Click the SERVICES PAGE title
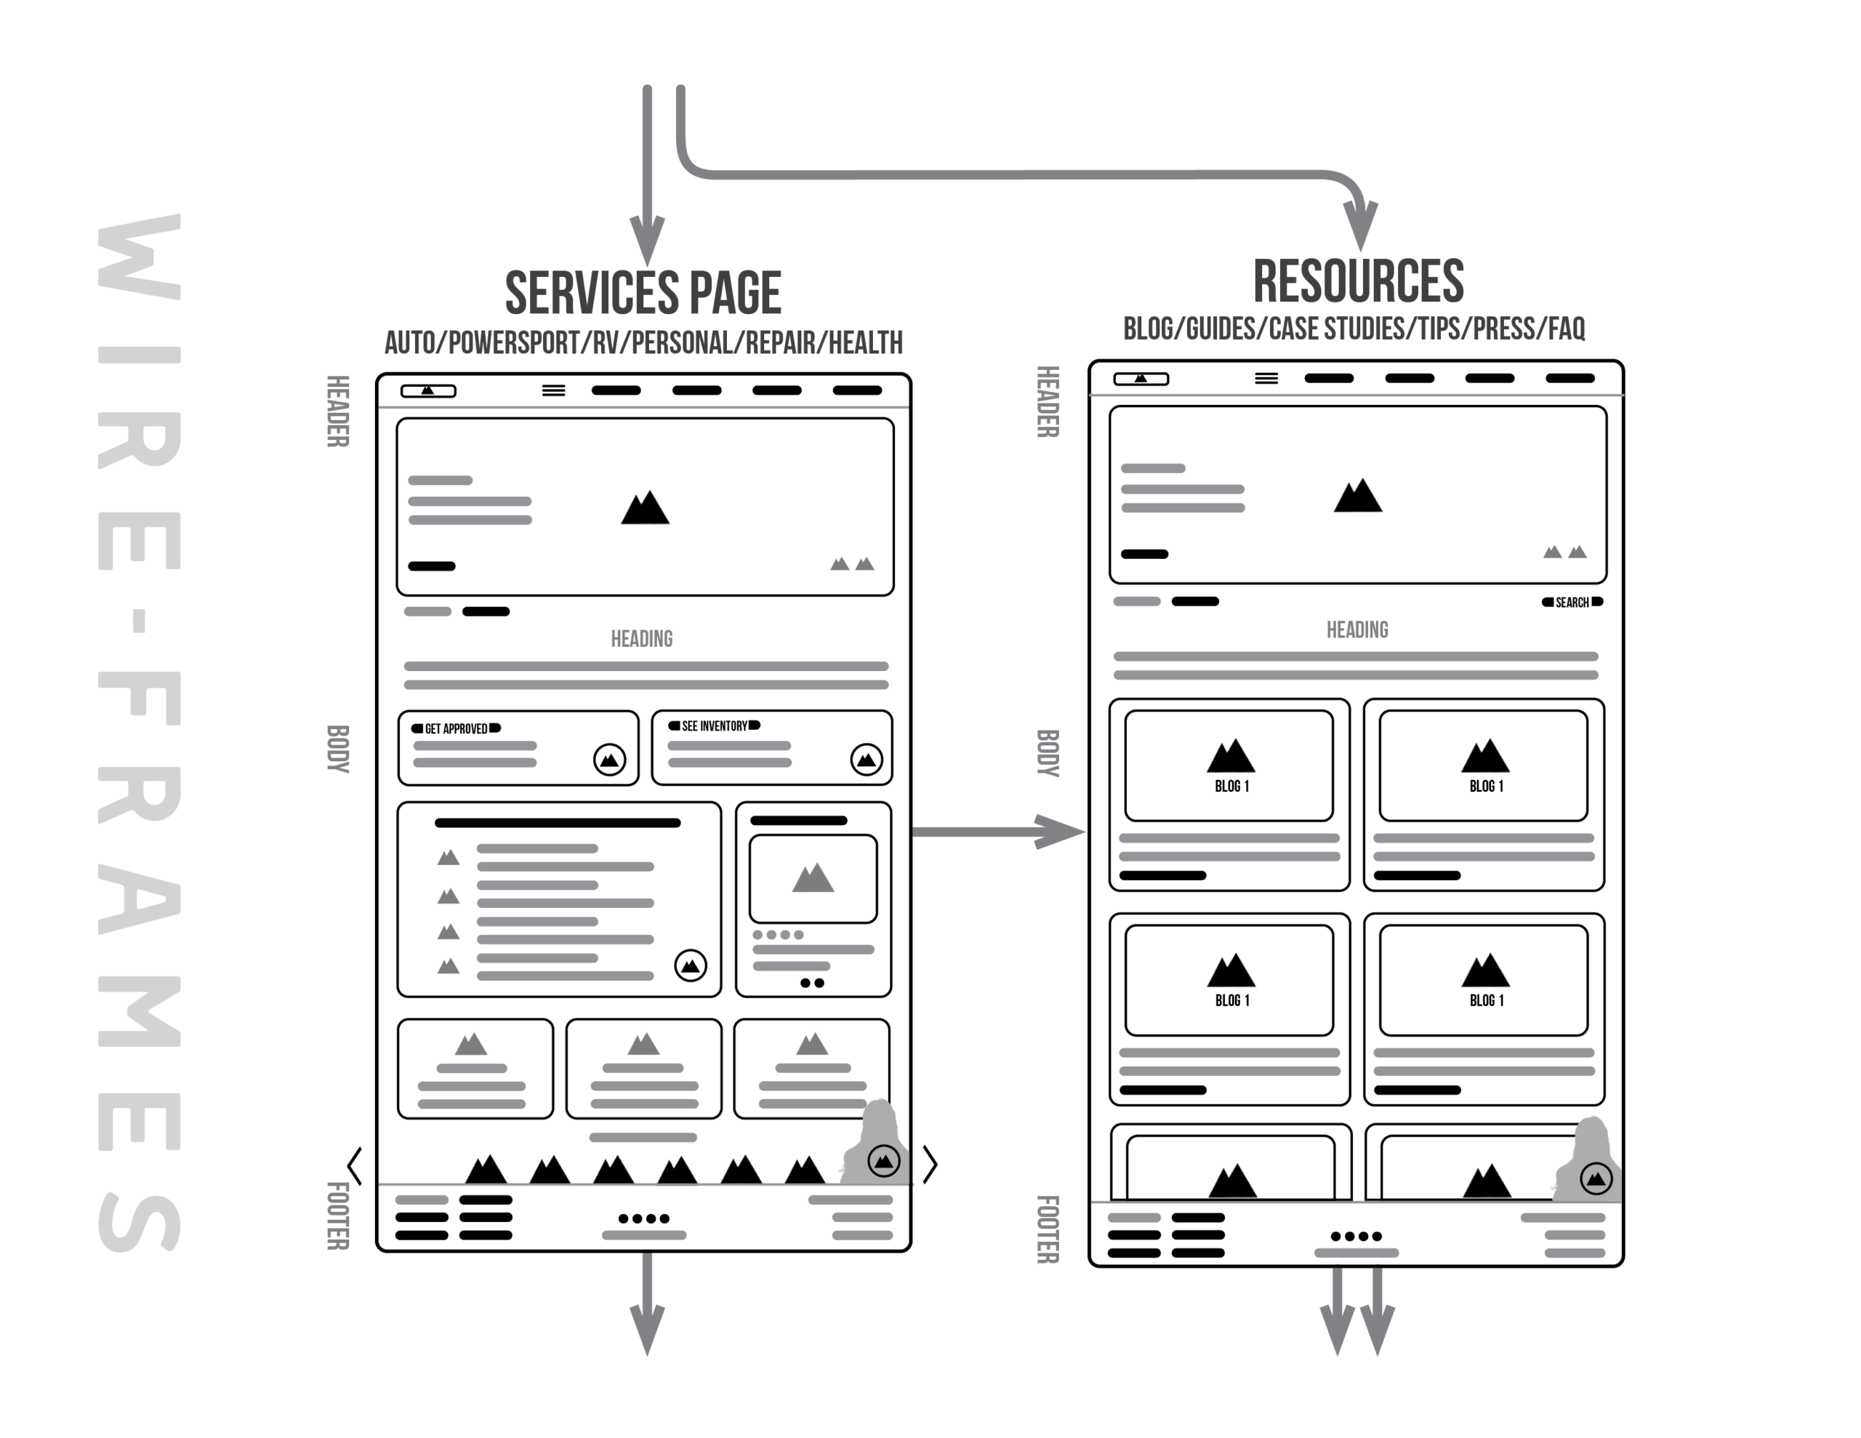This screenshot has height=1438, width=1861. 643,294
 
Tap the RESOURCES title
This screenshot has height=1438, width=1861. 1357,282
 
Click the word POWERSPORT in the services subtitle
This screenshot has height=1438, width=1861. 514,344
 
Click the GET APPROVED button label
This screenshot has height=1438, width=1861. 456,728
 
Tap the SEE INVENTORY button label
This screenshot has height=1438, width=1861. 714,726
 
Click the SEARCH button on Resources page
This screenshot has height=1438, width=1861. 1572,603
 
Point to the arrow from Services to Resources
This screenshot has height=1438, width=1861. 997,832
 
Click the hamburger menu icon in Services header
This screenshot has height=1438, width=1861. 554,390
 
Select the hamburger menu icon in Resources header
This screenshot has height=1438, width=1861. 1266,379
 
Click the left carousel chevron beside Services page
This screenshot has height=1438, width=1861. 355,1166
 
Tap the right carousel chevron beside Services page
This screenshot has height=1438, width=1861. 930,1166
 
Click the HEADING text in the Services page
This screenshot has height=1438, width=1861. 642,639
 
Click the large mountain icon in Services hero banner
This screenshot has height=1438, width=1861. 645,508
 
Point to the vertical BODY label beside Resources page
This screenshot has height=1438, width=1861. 1048,752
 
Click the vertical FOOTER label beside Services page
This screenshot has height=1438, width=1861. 338,1216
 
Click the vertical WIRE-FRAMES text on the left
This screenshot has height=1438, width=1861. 139,733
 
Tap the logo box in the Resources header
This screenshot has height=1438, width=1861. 1141,379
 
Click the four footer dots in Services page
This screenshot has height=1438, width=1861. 643,1218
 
